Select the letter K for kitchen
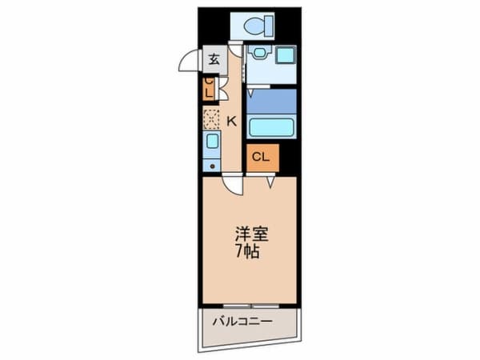tap(231, 122)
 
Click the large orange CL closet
tap(262, 157)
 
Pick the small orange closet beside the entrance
tap(208, 87)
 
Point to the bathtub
tap(272, 126)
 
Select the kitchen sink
tap(212, 144)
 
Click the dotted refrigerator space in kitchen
tap(211, 118)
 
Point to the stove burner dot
tap(211, 165)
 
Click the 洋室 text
tap(250, 236)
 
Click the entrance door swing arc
tap(187, 62)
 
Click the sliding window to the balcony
tap(250, 306)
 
